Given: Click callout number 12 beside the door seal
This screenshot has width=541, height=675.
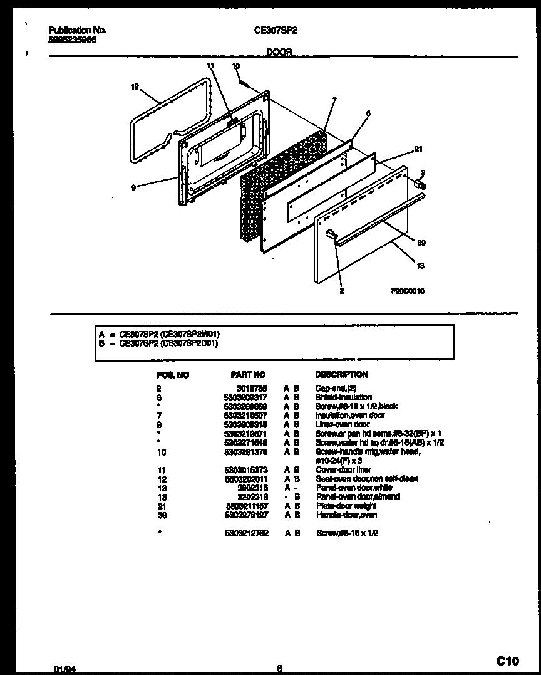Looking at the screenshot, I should [135, 87].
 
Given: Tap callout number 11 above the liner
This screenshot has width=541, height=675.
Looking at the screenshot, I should [210, 65].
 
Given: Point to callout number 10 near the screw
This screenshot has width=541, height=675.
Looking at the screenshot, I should [235, 65].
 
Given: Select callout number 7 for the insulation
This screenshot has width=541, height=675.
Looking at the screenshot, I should [334, 100].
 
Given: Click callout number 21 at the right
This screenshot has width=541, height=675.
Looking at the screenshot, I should [418, 149].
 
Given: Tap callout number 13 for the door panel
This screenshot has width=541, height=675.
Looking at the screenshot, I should [420, 266].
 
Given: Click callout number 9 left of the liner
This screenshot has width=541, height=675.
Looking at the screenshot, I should [133, 186].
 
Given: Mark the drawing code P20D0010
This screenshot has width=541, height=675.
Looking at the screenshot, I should [408, 291].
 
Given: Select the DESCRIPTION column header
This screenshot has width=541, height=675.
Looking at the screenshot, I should [341, 374].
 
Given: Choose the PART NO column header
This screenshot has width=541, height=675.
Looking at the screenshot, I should [248, 374].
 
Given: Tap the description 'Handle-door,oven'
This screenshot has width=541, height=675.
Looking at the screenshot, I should [346, 515].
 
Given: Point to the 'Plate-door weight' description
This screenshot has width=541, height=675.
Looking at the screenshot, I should [346, 506].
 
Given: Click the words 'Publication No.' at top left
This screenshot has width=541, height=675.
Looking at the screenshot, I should [77, 29].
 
